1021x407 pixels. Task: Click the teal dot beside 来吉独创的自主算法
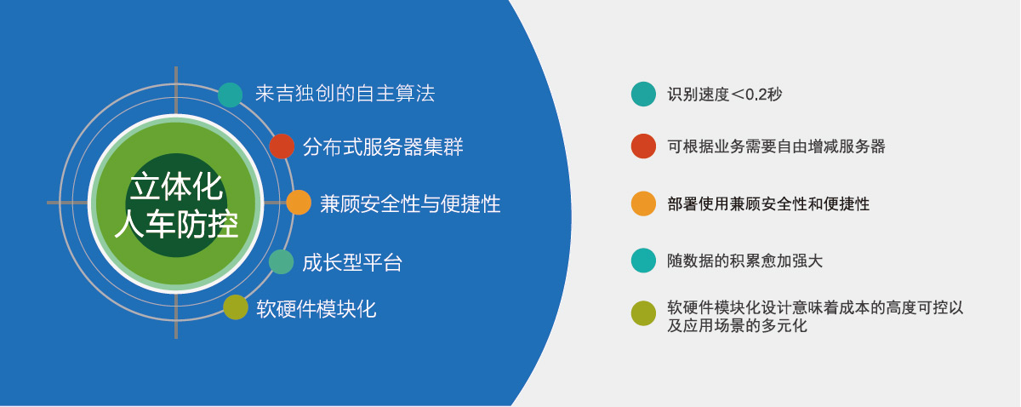coord(231,95)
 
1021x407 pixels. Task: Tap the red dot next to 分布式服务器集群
coord(282,146)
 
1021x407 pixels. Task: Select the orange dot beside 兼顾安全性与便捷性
coord(299,203)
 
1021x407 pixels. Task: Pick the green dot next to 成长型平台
coord(282,262)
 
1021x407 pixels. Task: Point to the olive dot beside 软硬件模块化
coord(236,307)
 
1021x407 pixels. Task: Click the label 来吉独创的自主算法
coord(345,94)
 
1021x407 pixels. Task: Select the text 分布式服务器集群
coord(383,146)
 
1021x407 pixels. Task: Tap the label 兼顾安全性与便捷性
coord(410,203)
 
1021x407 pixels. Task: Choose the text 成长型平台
coord(352,263)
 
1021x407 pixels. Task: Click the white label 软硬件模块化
coord(317,309)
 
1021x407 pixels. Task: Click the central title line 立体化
coord(176,186)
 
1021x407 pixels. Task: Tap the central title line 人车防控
coord(176,224)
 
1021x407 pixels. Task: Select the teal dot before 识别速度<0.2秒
coord(643,94)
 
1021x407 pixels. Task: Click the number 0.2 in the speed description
coord(756,95)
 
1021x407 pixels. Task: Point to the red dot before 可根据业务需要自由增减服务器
coord(643,146)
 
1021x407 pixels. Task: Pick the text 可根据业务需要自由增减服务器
coord(776,146)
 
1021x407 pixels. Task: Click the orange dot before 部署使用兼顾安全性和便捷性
coord(643,203)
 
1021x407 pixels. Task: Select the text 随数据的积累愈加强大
coord(745,261)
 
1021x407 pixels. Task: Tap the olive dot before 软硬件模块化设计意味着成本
coord(643,313)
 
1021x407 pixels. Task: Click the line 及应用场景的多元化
coord(737,326)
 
